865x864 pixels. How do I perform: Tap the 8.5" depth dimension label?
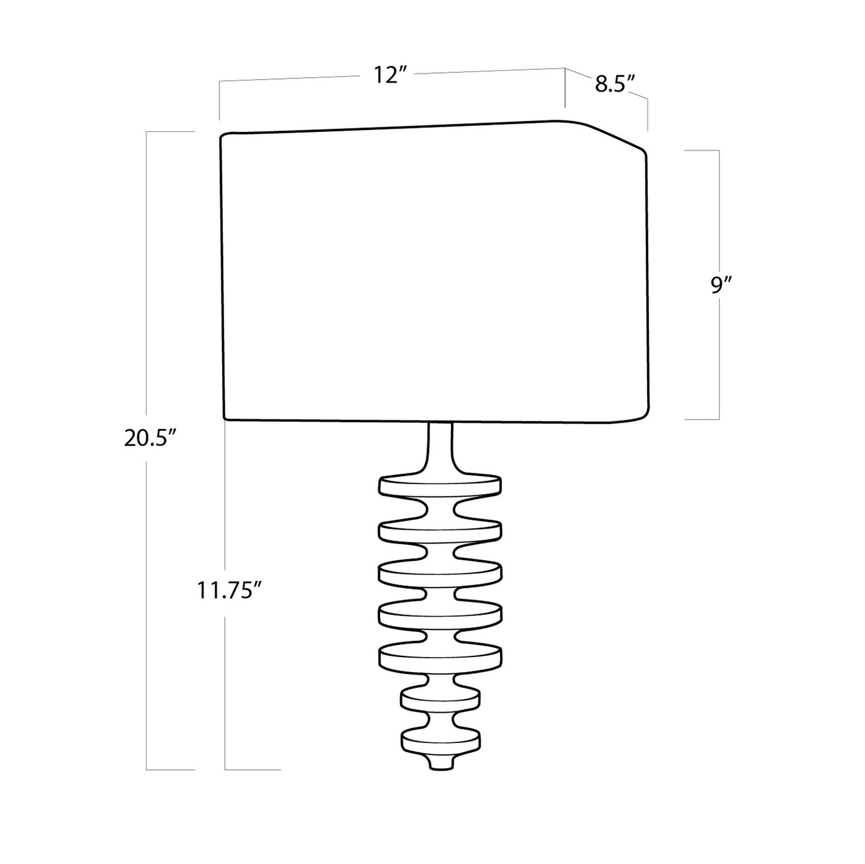click(x=615, y=84)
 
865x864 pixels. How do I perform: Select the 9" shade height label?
click(x=721, y=285)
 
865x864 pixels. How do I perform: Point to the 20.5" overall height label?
click(x=149, y=439)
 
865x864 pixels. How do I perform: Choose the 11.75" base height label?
click(x=225, y=591)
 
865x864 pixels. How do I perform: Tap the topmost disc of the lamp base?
click(x=440, y=485)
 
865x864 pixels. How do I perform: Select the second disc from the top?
click(x=440, y=531)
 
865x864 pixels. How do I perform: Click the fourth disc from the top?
click(x=440, y=614)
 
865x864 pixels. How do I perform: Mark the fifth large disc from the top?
click(x=440, y=656)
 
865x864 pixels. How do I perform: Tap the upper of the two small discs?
click(x=441, y=699)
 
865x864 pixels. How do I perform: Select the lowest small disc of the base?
click(x=441, y=739)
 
